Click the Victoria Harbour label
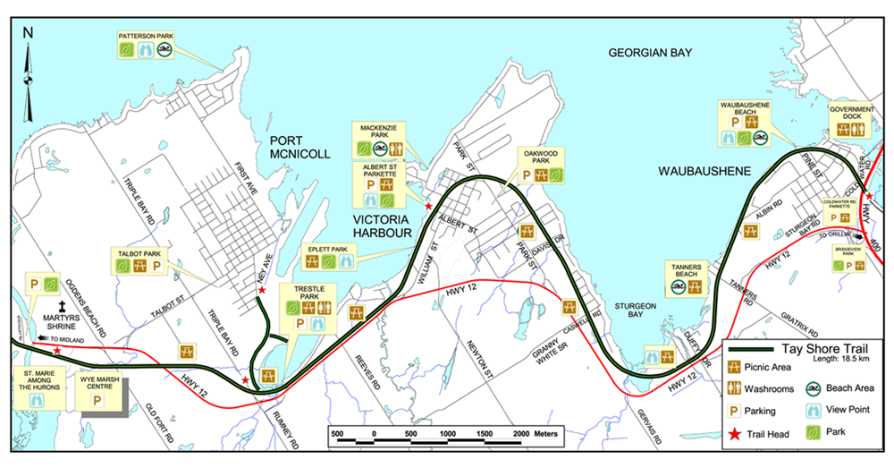(381, 225)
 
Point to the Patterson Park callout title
(146, 36)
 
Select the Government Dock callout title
(851, 114)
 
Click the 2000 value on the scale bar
(520, 432)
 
